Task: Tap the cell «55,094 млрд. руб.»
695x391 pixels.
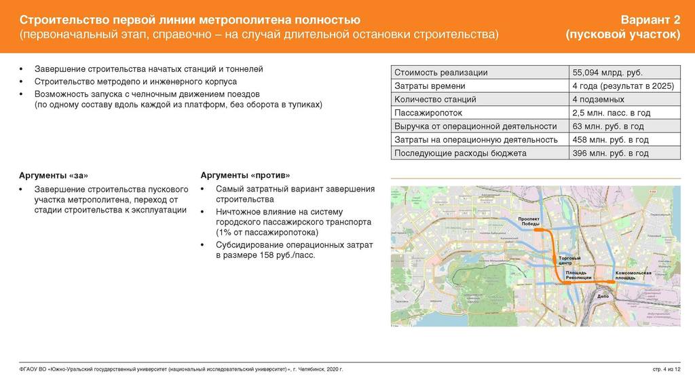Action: pyautogui.click(x=607, y=73)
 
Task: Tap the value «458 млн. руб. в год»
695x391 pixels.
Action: pyautogui.click(x=610, y=140)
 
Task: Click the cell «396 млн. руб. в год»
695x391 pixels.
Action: pyautogui.click(x=610, y=153)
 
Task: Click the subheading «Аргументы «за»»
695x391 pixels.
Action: pyautogui.click(x=53, y=174)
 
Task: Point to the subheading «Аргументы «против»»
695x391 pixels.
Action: pyautogui.click(x=245, y=174)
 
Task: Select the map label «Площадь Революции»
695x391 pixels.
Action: pyautogui.click(x=579, y=275)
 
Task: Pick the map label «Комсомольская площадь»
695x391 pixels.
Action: pyautogui.click(x=633, y=275)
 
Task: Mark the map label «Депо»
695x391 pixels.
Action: pyautogui.click(x=603, y=297)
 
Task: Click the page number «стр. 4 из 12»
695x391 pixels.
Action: pyautogui.click(x=666, y=369)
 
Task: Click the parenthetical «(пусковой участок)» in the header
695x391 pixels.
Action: pyautogui.click(x=623, y=35)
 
